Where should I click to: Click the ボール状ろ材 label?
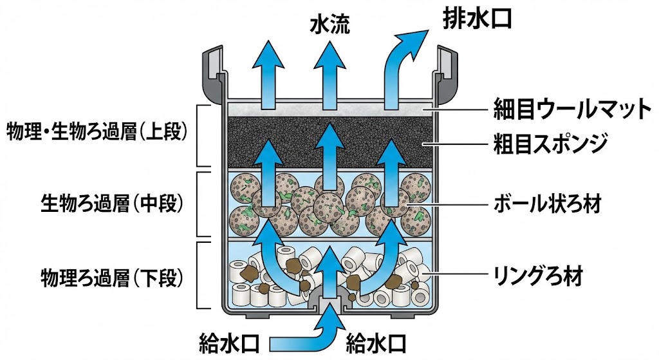point(547,205)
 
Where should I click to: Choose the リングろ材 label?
point(538,278)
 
